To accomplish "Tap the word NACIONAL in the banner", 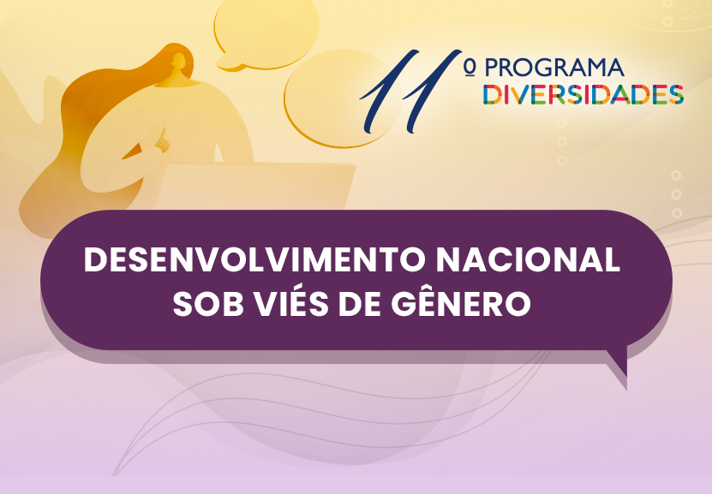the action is (x=528, y=260).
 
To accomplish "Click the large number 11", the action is (x=410, y=91).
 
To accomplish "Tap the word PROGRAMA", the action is (x=554, y=68).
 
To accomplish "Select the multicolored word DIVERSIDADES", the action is (x=583, y=94).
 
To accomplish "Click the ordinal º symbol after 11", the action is (x=470, y=68).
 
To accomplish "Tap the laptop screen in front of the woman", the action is (x=254, y=187).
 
